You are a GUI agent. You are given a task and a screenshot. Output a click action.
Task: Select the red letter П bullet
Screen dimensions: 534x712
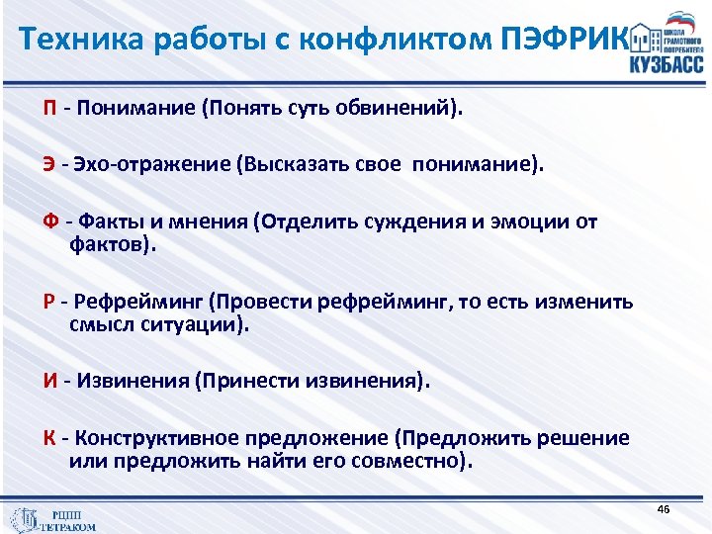[x=48, y=107]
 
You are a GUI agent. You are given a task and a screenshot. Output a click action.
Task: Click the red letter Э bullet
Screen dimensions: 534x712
[x=47, y=164]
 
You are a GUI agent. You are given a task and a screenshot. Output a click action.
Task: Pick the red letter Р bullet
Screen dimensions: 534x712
[x=47, y=302]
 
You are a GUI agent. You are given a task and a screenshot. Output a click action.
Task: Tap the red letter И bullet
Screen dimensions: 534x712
[x=48, y=381]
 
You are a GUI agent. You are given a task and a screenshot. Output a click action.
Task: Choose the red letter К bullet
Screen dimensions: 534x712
[x=47, y=438]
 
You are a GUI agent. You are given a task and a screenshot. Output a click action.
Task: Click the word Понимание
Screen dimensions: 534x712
[x=133, y=107]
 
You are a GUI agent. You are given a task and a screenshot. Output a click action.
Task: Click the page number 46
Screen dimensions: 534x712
[x=663, y=508]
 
